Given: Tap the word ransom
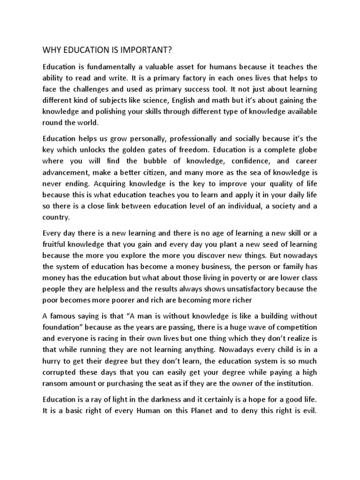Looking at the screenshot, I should point(57,383).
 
